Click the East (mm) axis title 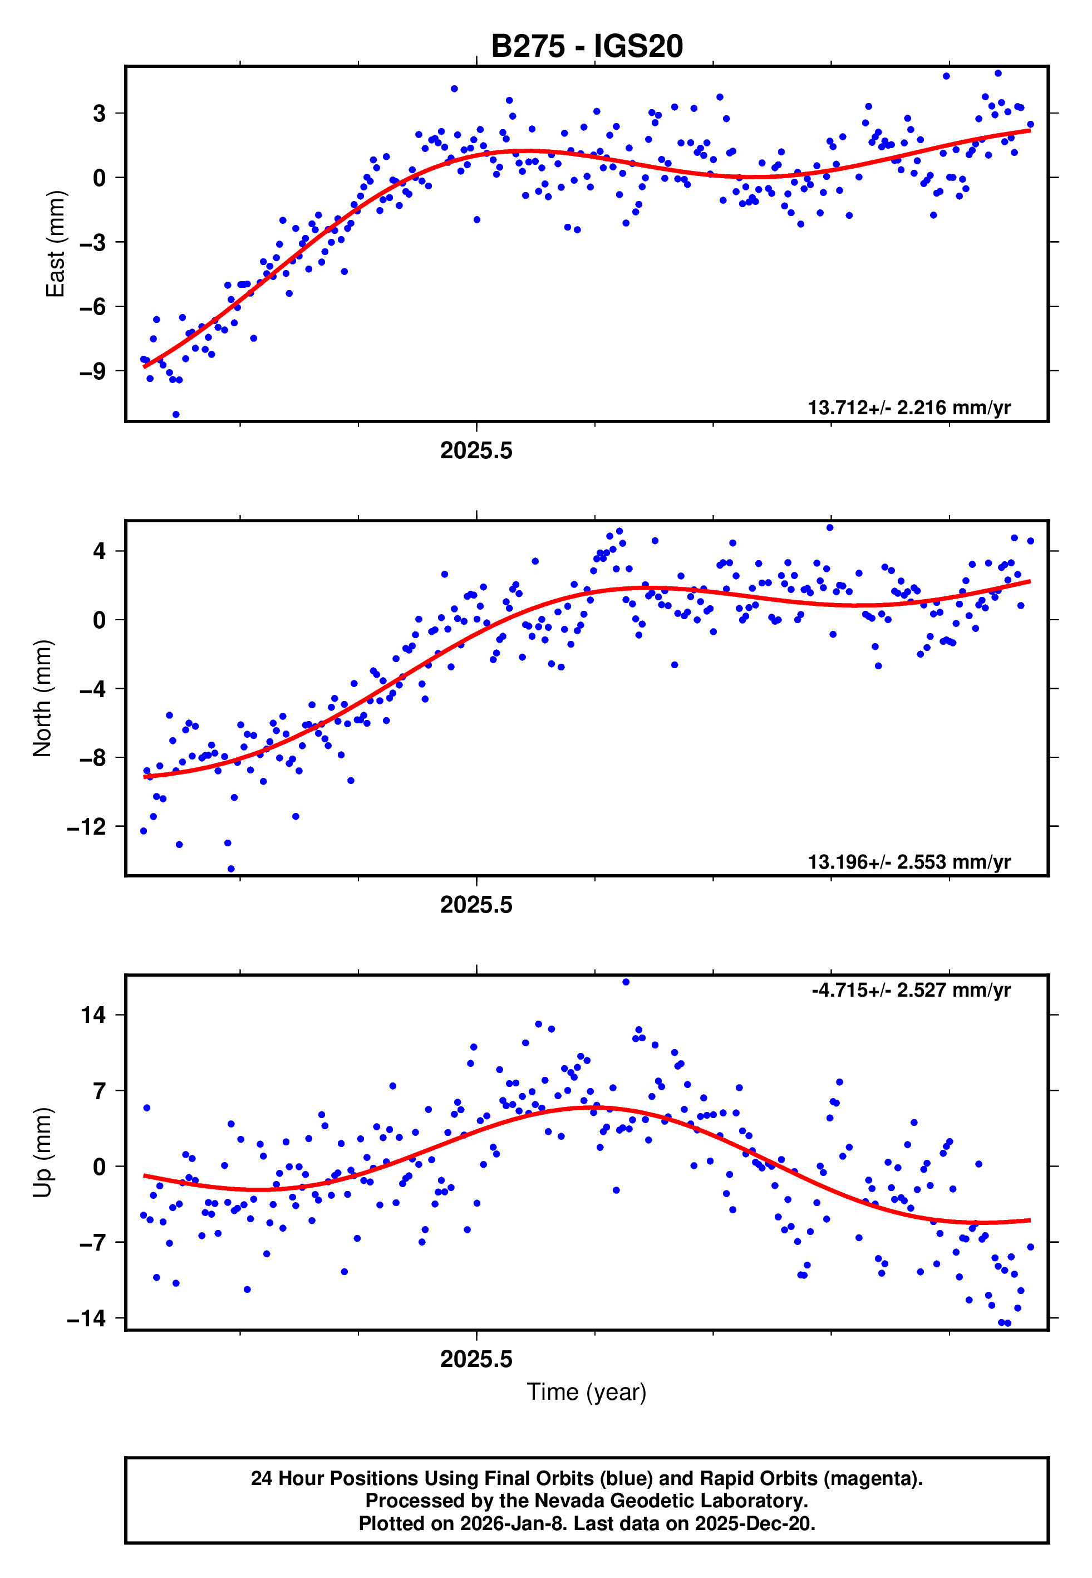[x=56, y=244]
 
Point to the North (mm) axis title [x=42, y=698]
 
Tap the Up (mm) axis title [x=42, y=1153]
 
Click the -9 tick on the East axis [x=92, y=371]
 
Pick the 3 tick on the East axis [x=99, y=114]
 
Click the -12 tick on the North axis [x=86, y=827]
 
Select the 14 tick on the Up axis [x=93, y=1016]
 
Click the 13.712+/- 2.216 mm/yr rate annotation [x=909, y=408]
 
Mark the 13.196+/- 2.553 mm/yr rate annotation [x=909, y=862]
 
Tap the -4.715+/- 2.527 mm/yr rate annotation [x=911, y=990]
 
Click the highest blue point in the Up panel [x=626, y=982]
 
